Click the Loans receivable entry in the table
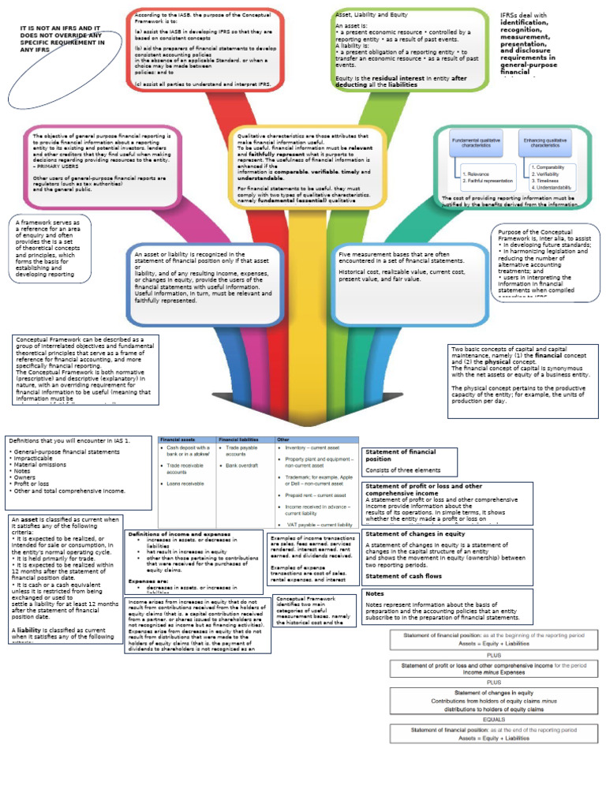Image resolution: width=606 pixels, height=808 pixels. tap(187, 483)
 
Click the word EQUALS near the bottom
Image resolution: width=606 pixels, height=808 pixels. tap(494, 720)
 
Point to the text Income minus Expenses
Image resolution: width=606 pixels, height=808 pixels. tap(494, 672)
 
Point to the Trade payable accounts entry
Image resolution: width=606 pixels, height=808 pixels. tap(241, 451)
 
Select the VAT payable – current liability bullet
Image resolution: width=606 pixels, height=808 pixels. tap(320, 524)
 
